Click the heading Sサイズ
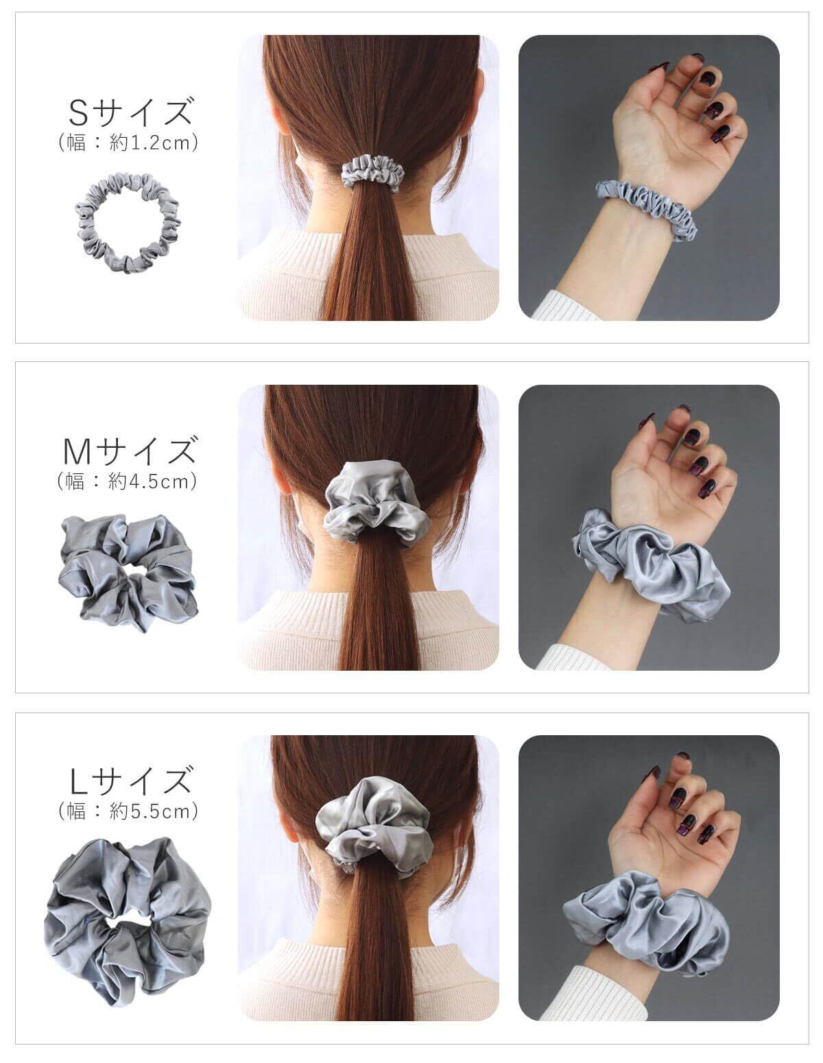[x=130, y=112]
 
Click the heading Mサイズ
[x=130, y=450]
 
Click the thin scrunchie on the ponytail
[x=372, y=171]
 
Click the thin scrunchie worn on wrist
[x=646, y=207]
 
